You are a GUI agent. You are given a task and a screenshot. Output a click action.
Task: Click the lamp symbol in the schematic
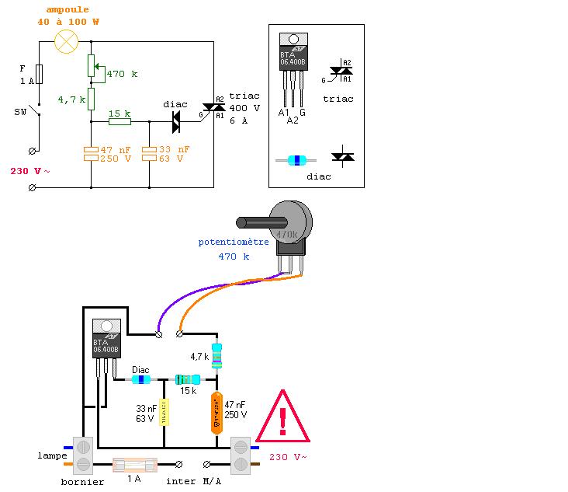[66, 42]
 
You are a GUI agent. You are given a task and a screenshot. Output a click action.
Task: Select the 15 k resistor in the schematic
[119, 121]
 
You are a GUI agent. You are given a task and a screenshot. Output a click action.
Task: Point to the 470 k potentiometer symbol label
[122, 74]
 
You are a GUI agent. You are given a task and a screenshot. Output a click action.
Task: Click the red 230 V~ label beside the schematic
[30, 171]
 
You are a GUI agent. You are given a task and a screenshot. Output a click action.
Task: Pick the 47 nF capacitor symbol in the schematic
[91, 152]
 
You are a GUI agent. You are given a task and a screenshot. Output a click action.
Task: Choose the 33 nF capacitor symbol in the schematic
[149, 152]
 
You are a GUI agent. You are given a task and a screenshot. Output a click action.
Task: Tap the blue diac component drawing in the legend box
[296, 160]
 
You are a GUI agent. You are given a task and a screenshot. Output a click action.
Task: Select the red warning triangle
[282, 417]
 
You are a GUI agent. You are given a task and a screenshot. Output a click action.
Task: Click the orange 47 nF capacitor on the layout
[216, 413]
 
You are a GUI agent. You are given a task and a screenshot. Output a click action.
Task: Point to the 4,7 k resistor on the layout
[217, 354]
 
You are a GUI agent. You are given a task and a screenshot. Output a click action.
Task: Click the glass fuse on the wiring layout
[135, 465]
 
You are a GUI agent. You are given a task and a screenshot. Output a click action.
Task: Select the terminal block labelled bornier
[83, 455]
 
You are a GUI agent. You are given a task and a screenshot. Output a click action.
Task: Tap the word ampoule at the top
[67, 9]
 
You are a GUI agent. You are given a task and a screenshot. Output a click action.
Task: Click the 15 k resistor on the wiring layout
[187, 379]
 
